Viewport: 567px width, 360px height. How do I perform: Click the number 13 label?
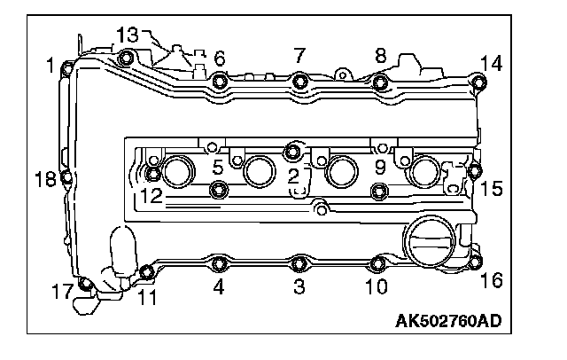point(128,35)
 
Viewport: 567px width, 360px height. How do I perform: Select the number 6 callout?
point(219,59)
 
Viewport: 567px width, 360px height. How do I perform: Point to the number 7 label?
point(299,56)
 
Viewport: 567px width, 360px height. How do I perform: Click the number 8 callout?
point(381,56)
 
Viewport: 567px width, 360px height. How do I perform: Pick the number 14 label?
point(491,62)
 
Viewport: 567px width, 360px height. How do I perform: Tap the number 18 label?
point(45,179)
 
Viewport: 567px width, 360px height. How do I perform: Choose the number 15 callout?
point(491,188)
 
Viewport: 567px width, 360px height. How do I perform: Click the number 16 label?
point(491,281)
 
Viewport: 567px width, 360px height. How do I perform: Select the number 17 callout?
point(61,290)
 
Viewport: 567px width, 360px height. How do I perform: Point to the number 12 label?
point(150,197)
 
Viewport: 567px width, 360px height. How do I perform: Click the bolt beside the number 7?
point(299,82)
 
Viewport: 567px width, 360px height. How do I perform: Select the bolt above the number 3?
point(299,262)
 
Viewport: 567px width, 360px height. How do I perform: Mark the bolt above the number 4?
point(219,262)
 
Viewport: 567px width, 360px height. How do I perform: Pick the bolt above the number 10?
point(377,263)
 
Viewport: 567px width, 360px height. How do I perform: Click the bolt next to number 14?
point(479,84)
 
